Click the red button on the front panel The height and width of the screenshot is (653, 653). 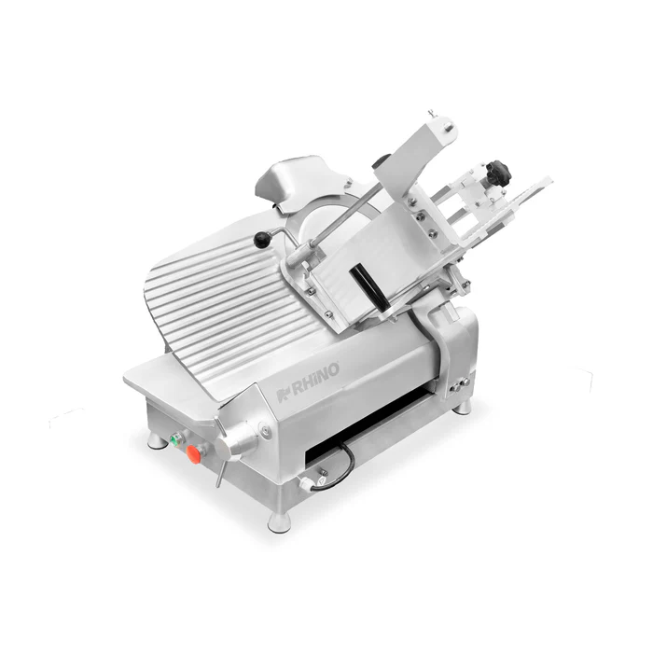pos(195,452)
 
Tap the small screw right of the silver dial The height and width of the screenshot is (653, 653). pos(266,430)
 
